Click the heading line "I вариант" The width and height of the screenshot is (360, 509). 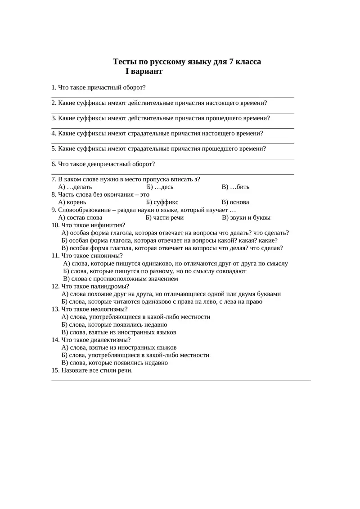pyautogui.click(x=144, y=71)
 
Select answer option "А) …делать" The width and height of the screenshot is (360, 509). pyautogui.click(x=75, y=187)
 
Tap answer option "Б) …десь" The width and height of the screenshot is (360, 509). pyautogui.click(x=160, y=187)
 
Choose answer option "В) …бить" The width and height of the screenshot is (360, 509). pyautogui.click(x=235, y=187)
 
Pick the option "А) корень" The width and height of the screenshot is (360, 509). pyautogui.click(x=72, y=202)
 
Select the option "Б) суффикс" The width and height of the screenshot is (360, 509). pyautogui.click(x=162, y=202)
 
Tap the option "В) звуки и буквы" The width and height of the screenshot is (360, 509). pyautogui.click(x=246, y=217)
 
